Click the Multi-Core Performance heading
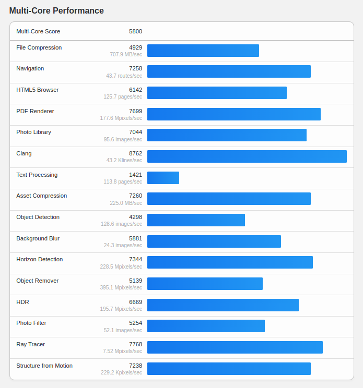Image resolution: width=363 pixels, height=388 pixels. coord(56,10)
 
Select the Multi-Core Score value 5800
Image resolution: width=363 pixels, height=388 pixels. coord(135,31)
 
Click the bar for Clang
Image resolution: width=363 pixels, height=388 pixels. coord(247,156)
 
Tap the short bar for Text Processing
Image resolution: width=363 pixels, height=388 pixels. coord(163,178)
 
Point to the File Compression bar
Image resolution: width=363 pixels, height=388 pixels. coord(203,51)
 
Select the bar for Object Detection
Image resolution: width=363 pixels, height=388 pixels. coord(196,220)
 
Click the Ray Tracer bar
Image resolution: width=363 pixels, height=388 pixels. coord(235,347)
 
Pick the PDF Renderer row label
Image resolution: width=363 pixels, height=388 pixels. coord(35,111)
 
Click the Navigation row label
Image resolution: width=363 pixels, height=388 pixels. coord(30,68)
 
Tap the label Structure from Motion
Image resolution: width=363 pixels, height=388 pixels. coord(44,366)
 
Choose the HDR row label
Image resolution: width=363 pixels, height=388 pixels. coord(22,302)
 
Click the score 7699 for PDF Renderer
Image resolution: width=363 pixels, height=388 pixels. coord(135,111)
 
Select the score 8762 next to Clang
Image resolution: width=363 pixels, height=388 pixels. coord(135,153)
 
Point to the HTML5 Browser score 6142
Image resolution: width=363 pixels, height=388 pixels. coord(135,90)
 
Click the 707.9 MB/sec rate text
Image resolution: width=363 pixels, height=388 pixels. coord(126,54)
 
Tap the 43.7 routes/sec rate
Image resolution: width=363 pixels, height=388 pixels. coord(124,76)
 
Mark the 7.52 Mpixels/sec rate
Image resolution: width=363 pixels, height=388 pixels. coord(122,351)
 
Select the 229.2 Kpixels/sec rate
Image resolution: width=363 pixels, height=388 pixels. coord(121,372)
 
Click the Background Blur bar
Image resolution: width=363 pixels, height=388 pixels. coord(214,241)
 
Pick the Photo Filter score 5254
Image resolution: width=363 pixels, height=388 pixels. coord(135,323)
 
